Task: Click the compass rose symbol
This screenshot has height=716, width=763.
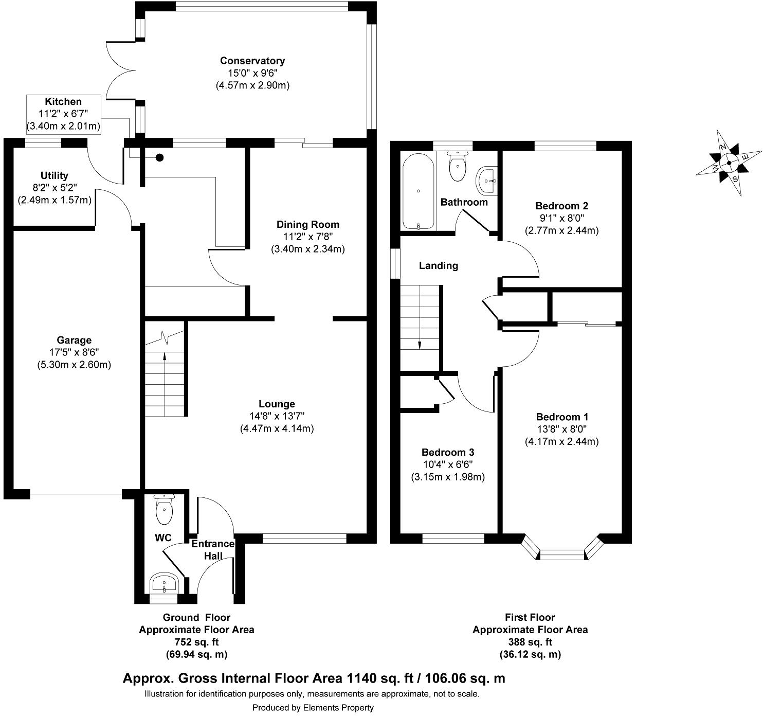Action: point(729,164)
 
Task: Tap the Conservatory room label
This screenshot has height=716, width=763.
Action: point(252,61)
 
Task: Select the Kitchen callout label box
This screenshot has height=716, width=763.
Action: point(63,114)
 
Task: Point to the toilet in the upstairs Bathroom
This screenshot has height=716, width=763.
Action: point(457,166)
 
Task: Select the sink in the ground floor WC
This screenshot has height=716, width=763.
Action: point(164,584)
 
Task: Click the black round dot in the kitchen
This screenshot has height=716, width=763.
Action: point(160,158)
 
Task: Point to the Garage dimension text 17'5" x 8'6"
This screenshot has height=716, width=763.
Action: point(74,352)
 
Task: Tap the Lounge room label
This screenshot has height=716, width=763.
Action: point(277,404)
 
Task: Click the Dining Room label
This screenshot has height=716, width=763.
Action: point(307,224)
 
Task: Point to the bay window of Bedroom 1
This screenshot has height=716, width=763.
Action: point(562,553)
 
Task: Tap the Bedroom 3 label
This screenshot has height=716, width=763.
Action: point(447,452)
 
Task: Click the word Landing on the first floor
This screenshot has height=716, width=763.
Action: point(438,266)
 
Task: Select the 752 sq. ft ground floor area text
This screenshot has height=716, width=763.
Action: point(196,642)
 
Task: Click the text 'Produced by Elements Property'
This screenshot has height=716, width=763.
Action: point(313,708)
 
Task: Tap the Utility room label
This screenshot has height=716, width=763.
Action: point(54,176)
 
